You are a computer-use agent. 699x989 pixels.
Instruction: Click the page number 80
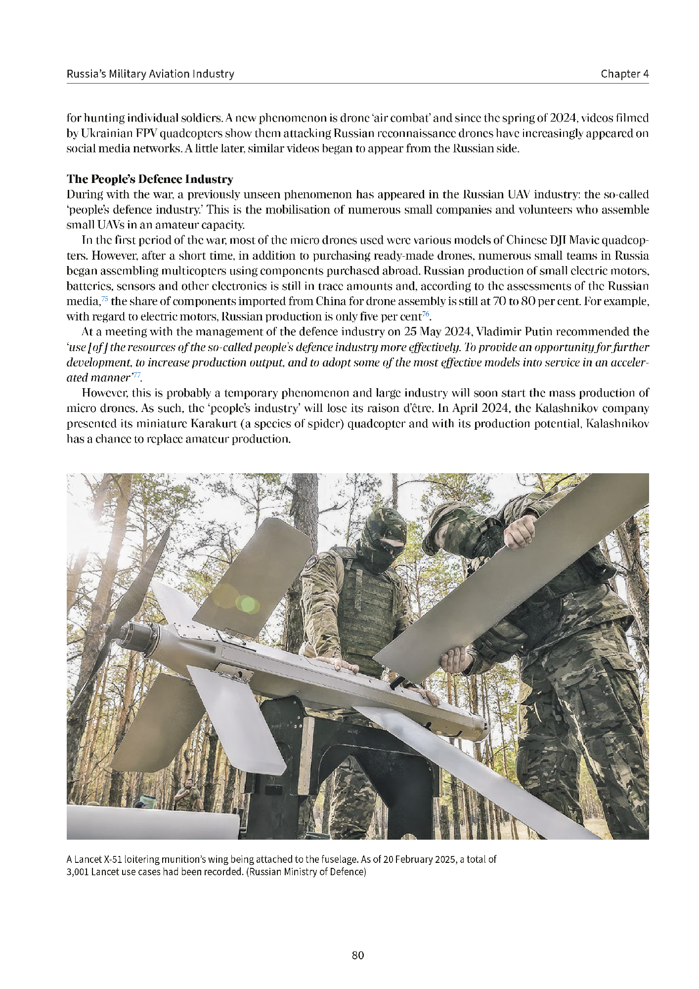[x=358, y=955]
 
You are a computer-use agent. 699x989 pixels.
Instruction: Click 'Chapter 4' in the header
[x=624, y=74]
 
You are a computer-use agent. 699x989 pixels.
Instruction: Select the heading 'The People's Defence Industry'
[x=150, y=179]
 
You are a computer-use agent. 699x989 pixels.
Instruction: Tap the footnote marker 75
[x=104, y=299]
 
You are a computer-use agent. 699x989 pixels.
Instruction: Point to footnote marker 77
[x=136, y=375]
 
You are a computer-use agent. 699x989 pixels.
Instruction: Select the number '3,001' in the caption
[x=78, y=872]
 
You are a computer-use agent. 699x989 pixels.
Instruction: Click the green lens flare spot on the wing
[x=247, y=603]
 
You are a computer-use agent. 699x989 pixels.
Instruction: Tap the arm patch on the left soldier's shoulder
[x=312, y=563]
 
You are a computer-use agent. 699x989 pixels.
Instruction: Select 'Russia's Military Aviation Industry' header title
[x=150, y=74]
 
